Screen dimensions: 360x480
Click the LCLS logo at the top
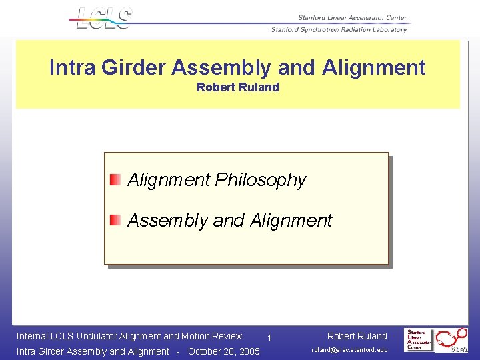point(104,18)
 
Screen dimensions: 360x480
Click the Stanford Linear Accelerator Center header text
point(352,18)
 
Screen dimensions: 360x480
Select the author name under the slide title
point(237,87)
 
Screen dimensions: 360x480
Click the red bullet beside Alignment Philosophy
point(115,179)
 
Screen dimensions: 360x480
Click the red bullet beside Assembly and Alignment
point(115,219)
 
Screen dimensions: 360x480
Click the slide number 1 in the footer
point(268,339)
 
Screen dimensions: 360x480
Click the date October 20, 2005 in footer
point(224,351)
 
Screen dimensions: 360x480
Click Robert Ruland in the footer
point(357,336)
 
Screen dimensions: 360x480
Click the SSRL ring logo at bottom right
point(453,339)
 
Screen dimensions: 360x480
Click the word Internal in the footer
point(32,336)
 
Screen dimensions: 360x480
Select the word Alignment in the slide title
point(373,67)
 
